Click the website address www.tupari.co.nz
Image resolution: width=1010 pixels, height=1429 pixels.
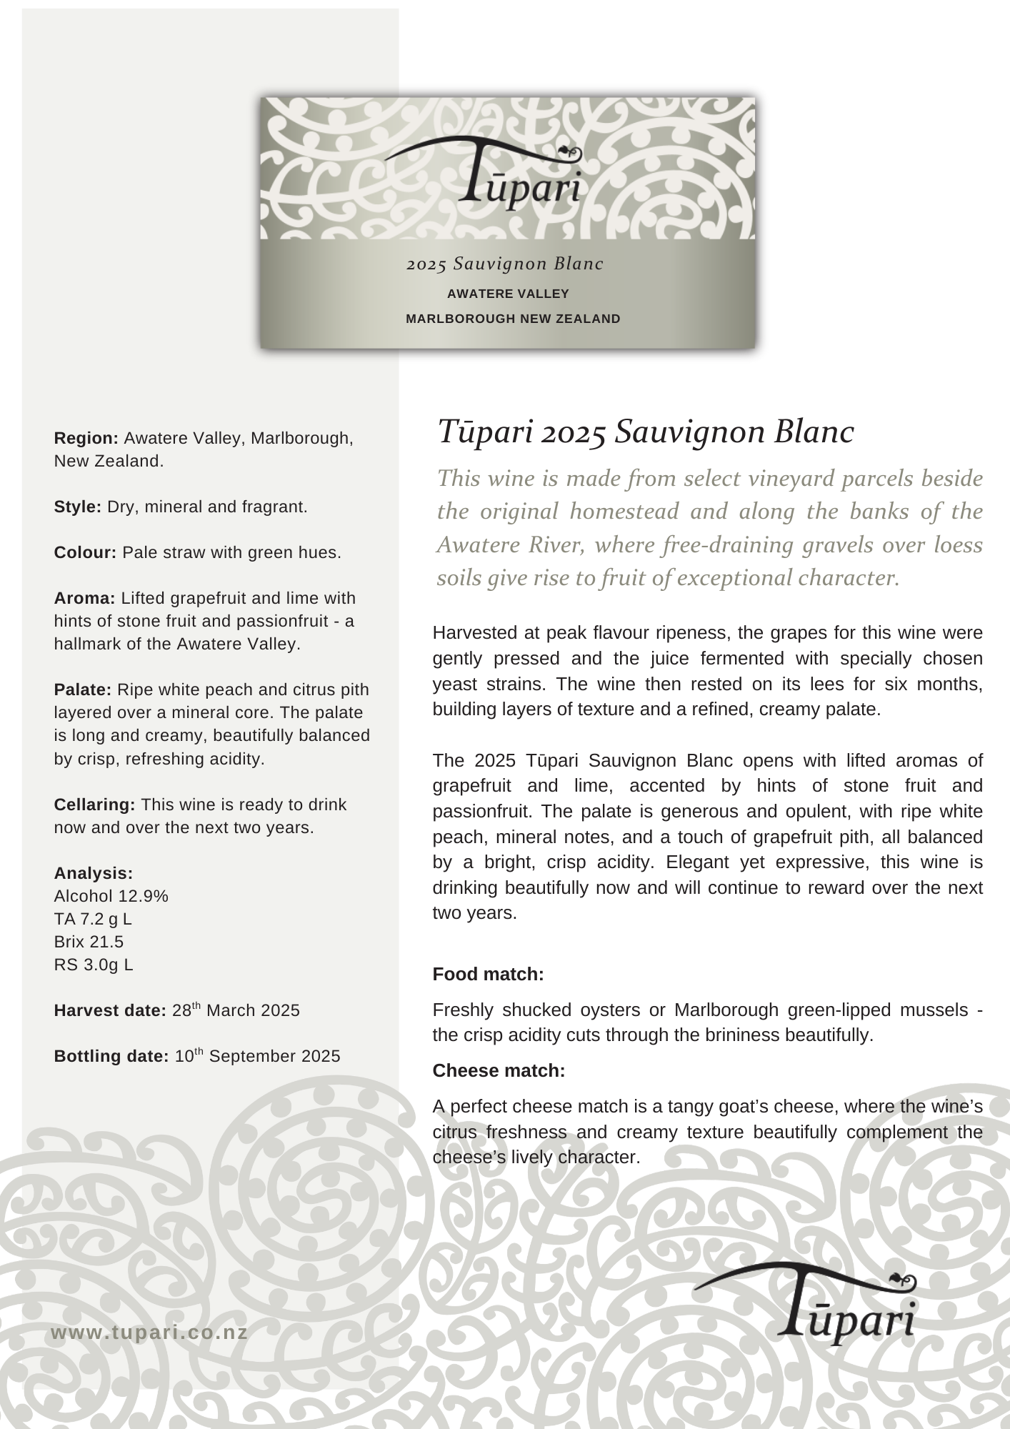[149, 1332]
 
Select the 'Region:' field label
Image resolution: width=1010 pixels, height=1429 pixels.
[86, 438]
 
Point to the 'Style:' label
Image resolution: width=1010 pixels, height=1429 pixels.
[78, 507]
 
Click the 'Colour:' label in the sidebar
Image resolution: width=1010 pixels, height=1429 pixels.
[85, 552]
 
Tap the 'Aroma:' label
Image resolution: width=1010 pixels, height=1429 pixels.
[84, 598]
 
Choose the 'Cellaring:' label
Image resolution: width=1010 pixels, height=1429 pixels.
[94, 805]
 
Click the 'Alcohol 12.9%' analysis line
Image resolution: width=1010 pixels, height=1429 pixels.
[111, 896]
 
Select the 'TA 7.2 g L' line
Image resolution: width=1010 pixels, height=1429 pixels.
[93, 919]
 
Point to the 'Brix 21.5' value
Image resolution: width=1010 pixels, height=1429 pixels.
[89, 942]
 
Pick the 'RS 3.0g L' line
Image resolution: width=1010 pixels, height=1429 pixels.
[94, 965]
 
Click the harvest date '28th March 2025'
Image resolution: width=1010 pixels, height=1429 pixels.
[236, 1010]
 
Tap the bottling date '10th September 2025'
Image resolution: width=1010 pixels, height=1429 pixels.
[257, 1056]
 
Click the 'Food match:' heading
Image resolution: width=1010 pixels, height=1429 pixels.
[488, 974]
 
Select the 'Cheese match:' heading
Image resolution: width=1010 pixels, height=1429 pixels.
[499, 1070]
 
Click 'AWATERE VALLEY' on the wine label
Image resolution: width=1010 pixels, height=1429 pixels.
[508, 294]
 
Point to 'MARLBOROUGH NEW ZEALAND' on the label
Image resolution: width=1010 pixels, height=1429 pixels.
[513, 319]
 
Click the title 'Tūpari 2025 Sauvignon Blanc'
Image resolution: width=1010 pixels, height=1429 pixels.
[645, 432]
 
